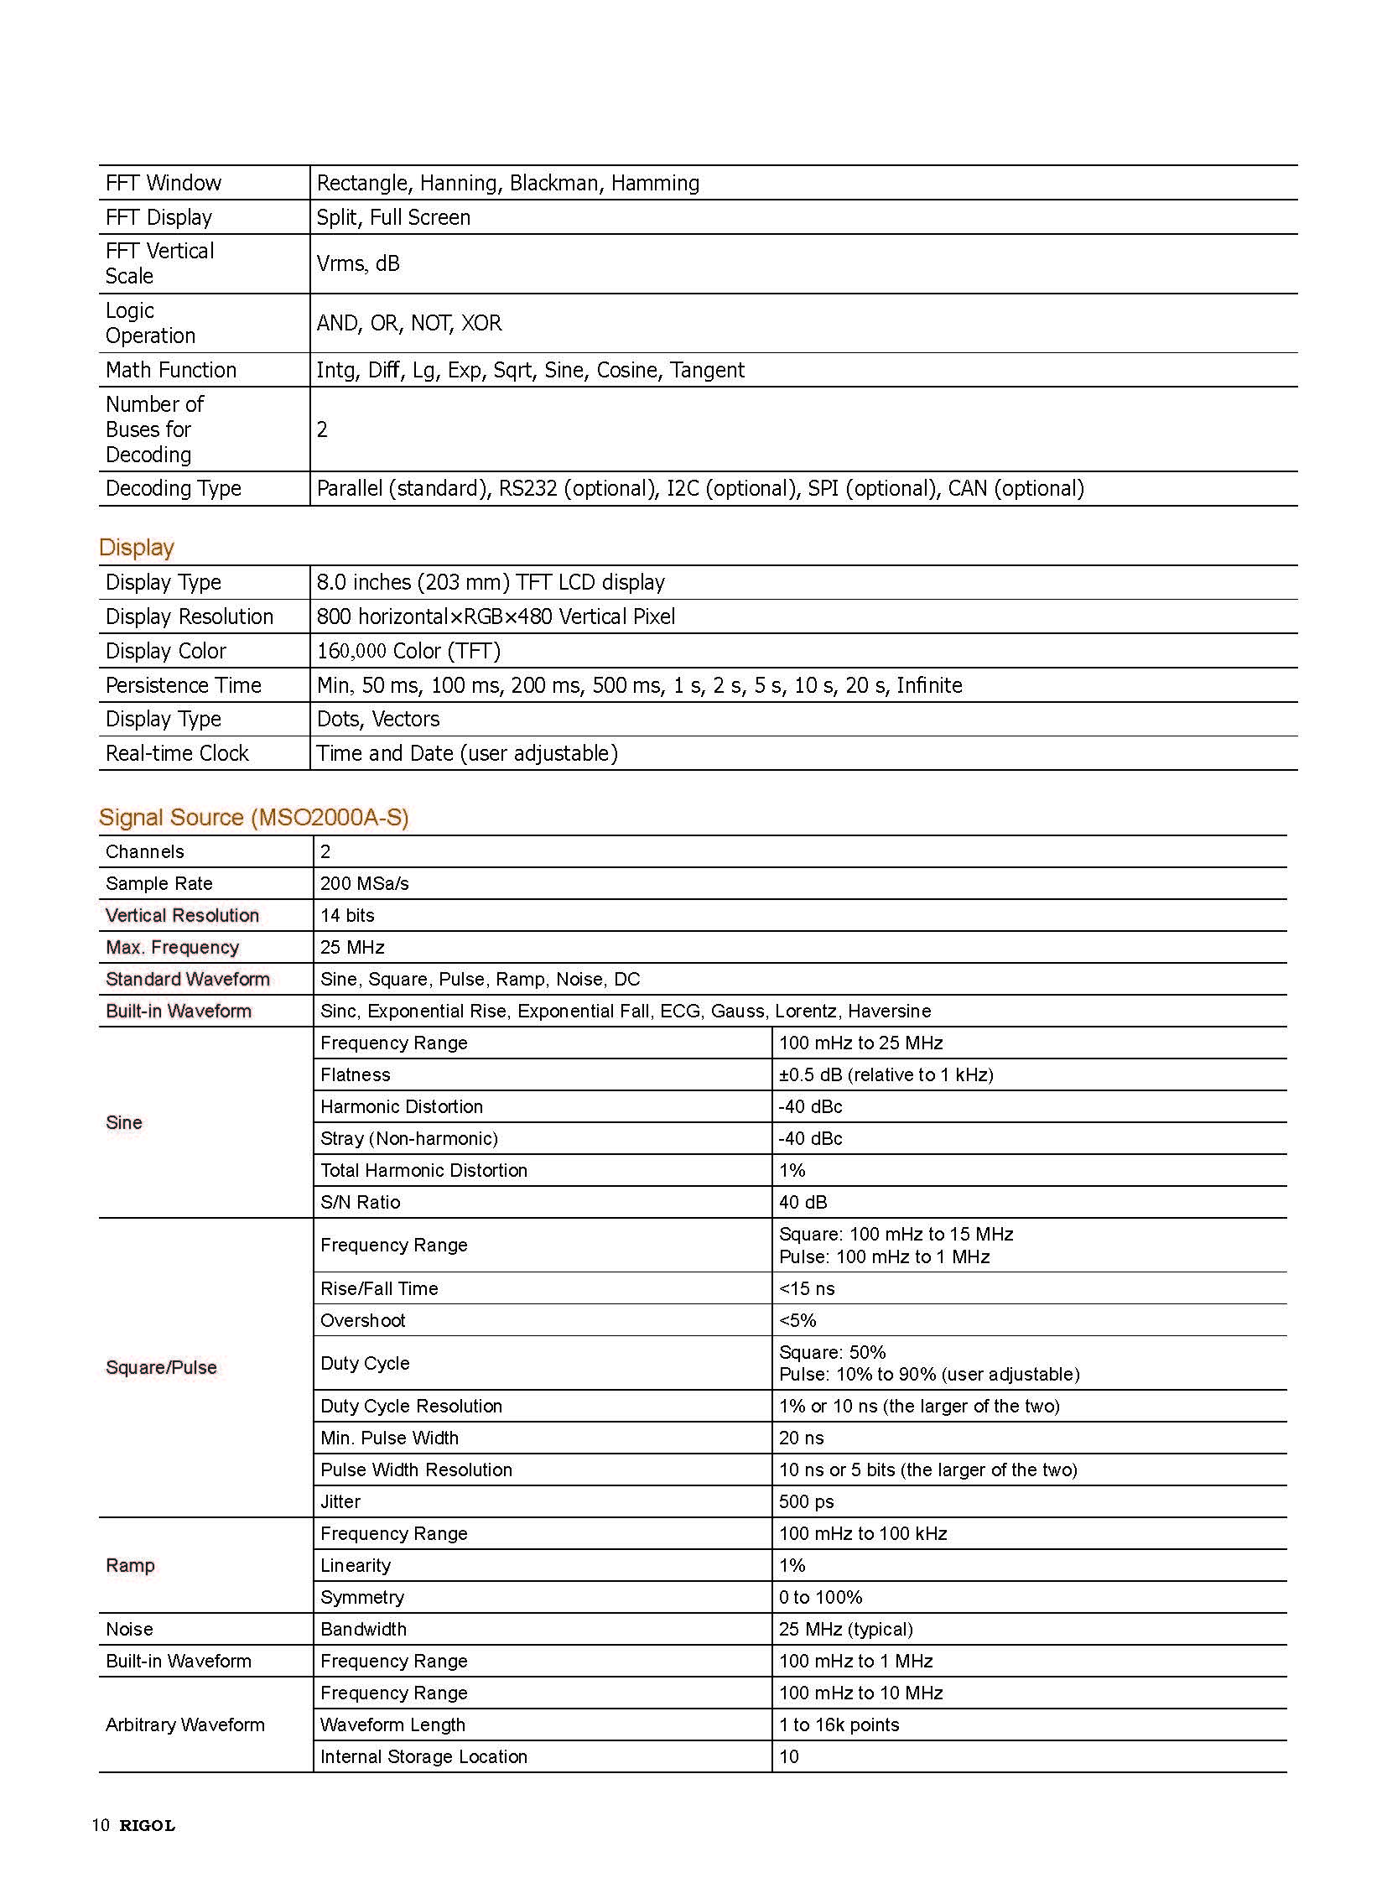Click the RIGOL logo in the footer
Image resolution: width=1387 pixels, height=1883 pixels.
coord(147,1825)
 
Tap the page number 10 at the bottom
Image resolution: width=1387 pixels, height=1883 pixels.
coord(100,1825)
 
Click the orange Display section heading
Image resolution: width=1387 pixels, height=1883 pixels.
coord(136,547)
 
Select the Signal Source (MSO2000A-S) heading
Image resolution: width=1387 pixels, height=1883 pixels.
coord(252,817)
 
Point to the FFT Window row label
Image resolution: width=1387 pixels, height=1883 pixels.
coord(163,183)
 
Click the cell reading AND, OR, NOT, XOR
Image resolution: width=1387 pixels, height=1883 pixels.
coord(409,324)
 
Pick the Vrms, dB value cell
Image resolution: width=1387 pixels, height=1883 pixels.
coord(358,263)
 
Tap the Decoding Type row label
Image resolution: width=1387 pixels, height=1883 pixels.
coord(173,489)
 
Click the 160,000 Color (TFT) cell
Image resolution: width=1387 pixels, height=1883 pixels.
coord(408,651)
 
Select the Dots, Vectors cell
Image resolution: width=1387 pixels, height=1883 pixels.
coord(378,719)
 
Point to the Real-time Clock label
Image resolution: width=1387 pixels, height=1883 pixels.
coord(177,753)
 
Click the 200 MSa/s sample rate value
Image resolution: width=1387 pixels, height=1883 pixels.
coord(365,883)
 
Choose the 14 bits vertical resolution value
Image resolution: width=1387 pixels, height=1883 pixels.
coord(347,915)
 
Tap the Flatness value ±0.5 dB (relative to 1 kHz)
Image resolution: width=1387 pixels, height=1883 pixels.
coord(886,1075)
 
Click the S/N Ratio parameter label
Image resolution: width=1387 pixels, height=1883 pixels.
coord(361,1203)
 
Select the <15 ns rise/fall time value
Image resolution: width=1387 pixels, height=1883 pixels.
coord(807,1288)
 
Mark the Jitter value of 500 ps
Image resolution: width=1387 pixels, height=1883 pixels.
coord(806,1501)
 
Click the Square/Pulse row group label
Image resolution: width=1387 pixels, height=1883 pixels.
coord(161,1367)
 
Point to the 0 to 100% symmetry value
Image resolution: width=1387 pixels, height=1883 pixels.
coord(820,1598)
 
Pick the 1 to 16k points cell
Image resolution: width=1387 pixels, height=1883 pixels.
coord(839,1725)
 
